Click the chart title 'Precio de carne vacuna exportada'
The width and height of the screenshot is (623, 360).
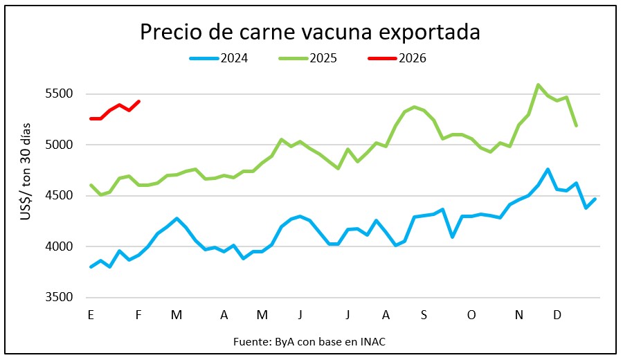click(310, 33)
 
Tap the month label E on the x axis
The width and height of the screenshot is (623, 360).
click(91, 315)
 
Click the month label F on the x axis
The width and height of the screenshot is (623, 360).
click(138, 315)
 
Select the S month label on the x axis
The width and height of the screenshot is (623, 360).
click(424, 315)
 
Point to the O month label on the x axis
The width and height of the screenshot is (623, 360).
click(471, 315)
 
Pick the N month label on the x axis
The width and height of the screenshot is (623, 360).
click(519, 315)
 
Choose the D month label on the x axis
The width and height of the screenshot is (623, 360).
click(557, 315)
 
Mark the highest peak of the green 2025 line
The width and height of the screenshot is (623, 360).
click(538, 85)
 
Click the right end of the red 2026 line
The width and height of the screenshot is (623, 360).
click(139, 102)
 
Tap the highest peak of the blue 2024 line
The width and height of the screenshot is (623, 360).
click(548, 169)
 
